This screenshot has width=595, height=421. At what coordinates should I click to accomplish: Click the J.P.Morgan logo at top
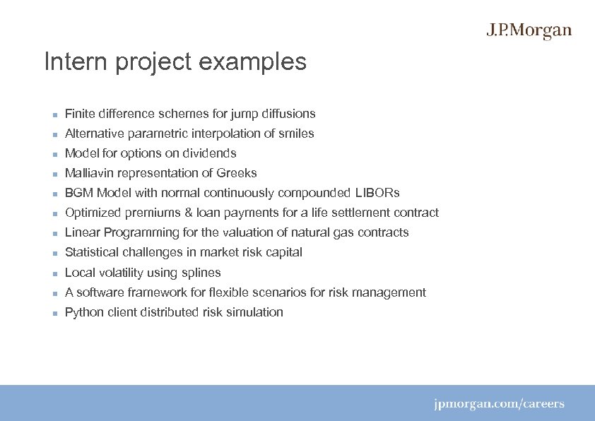pyautogui.click(x=529, y=31)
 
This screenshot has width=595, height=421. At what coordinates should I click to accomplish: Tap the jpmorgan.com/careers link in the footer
pyautogui.click(x=499, y=404)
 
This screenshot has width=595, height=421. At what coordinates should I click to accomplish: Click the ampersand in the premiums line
pyautogui.click(x=186, y=213)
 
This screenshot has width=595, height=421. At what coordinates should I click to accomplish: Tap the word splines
pyautogui.click(x=202, y=273)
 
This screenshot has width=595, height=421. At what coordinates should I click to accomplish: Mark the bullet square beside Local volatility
pyautogui.click(x=54, y=273)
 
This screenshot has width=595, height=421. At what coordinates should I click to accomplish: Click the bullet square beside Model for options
pyautogui.click(x=54, y=154)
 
